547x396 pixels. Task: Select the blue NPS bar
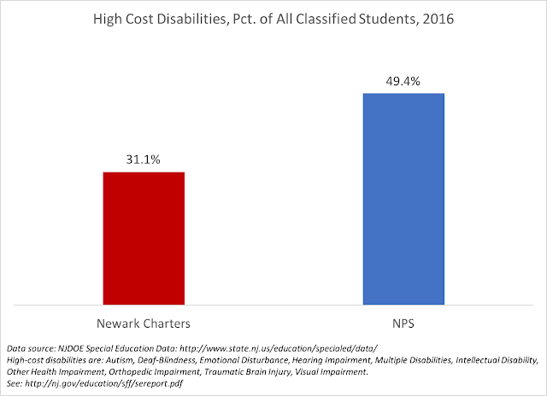point(403,198)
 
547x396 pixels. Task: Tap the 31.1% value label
point(144,159)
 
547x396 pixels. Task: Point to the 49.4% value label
point(403,80)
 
